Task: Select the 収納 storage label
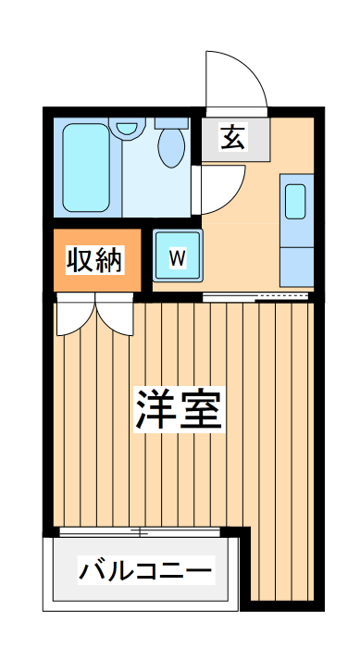94,260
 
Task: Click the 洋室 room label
180,408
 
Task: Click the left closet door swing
74,318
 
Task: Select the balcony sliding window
139,532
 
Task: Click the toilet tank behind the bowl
171,121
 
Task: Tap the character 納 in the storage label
108,260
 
